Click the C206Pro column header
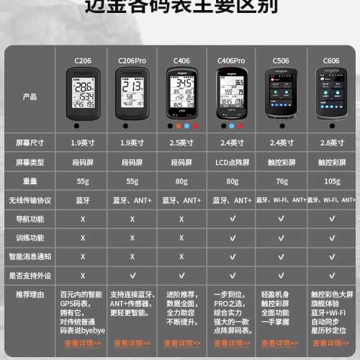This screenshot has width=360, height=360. point(132,61)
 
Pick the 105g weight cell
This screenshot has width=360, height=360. point(332,181)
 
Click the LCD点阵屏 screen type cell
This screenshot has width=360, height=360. point(232,161)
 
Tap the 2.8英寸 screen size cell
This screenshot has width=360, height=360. point(332,143)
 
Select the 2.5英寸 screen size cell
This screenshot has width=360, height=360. point(182,143)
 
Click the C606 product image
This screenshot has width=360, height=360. point(332,94)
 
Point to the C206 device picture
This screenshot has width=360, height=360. point(82,94)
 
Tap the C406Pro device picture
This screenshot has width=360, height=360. point(232,94)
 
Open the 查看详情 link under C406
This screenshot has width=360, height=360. point(182,343)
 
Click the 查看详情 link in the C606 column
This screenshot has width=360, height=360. point(332,343)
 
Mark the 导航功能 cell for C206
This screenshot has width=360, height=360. point(82,217)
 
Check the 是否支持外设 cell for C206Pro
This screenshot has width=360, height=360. point(132,274)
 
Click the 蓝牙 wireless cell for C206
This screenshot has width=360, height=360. point(82,199)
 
